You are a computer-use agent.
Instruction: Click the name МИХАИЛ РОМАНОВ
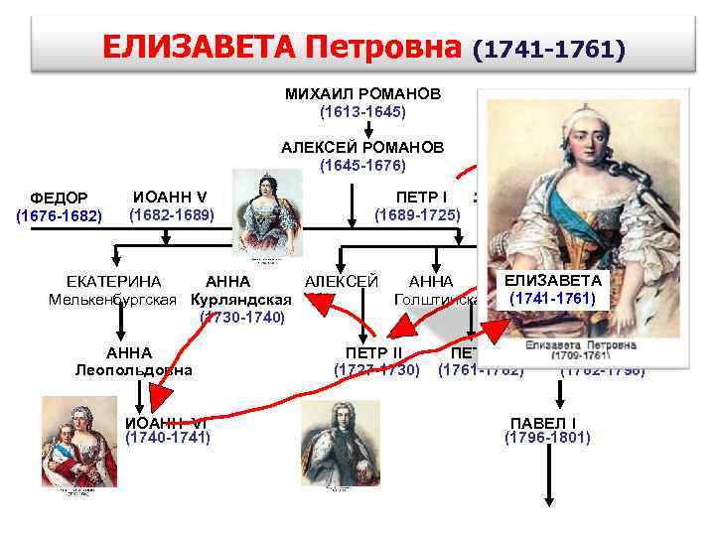tap(361, 92)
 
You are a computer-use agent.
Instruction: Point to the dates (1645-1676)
tap(362, 165)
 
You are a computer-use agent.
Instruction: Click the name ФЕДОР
tap(60, 198)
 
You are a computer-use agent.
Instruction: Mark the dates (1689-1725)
tap(417, 214)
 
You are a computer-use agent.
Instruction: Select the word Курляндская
tap(241, 300)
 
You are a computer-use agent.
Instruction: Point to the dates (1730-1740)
tap(243, 318)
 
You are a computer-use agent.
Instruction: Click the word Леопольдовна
tap(133, 370)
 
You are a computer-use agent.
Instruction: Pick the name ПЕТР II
tap(373, 352)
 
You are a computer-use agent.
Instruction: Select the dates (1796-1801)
tap(547, 437)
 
